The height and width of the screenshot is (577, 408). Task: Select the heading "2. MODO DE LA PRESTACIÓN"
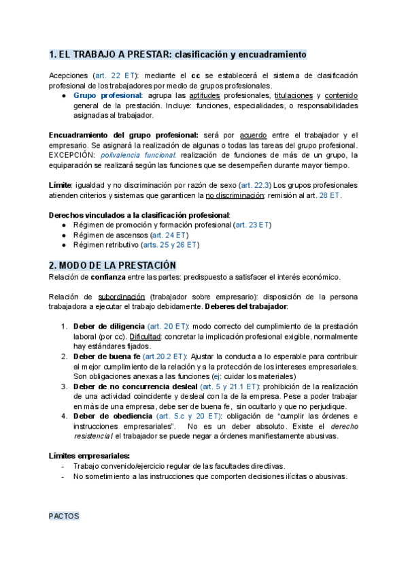pyautogui.click(x=113, y=265)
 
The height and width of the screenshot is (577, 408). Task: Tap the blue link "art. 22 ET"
pyautogui.click(x=114, y=75)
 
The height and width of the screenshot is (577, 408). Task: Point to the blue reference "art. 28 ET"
pyautogui.click(x=329, y=195)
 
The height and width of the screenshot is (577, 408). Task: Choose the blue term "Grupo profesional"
pyautogui.click(x=113, y=96)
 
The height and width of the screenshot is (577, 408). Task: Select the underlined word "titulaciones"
pyautogui.click(x=294, y=96)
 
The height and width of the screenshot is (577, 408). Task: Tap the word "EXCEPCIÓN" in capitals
pyautogui.click(x=71, y=155)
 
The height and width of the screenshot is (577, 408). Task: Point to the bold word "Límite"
pyautogui.click(x=60, y=185)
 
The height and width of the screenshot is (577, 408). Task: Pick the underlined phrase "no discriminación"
pyautogui.click(x=235, y=195)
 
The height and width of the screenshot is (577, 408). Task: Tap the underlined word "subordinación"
pyautogui.click(x=122, y=297)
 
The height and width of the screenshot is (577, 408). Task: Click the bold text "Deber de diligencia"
pyautogui.click(x=108, y=327)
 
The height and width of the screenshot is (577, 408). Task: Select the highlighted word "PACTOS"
pyautogui.click(x=64, y=516)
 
